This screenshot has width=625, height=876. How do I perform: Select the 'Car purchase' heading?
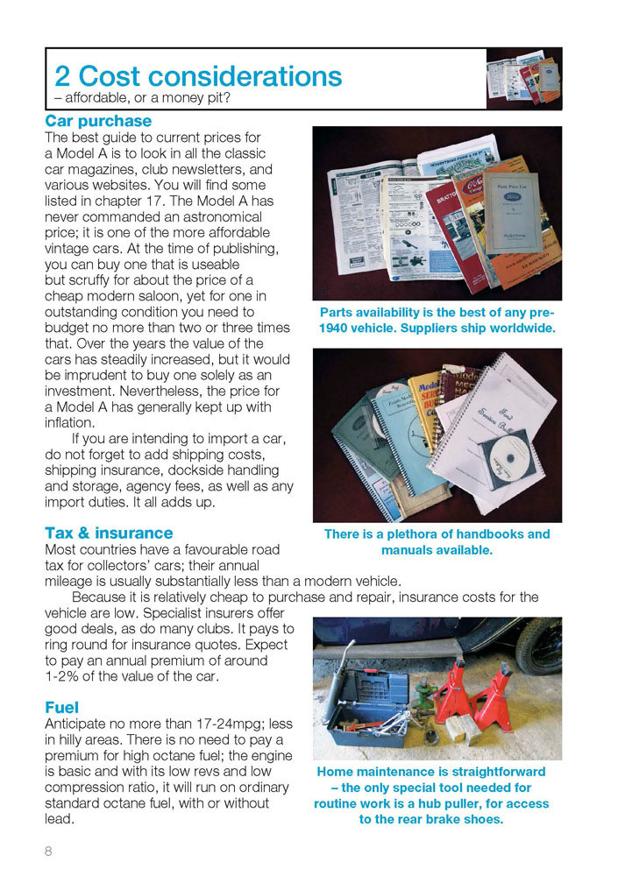tap(98, 121)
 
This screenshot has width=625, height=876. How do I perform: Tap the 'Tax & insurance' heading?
tap(109, 533)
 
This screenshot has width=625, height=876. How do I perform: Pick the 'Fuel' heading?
tap(61, 707)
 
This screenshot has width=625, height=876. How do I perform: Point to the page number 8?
tap(49, 850)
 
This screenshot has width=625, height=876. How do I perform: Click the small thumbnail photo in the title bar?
tap(523, 78)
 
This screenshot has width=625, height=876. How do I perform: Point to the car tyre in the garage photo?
tap(538, 643)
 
